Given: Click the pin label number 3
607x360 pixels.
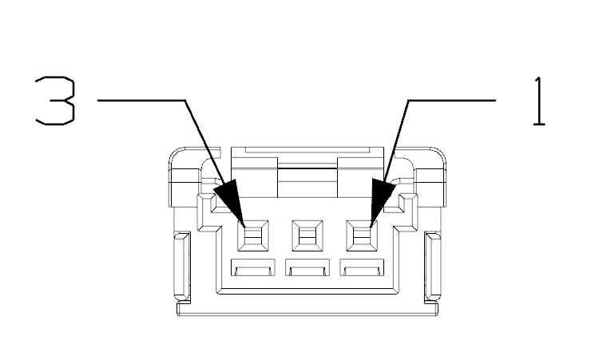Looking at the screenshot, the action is (55, 101).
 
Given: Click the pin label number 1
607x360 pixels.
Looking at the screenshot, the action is (539, 101).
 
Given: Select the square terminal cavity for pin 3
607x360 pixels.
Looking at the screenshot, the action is (253, 235).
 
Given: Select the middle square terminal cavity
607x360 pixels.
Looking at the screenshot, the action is (307, 235).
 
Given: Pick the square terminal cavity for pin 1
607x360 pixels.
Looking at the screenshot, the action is (362, 235).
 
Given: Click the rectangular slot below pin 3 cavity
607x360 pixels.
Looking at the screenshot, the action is (253, 268).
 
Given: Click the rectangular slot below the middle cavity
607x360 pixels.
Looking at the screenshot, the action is (307, 268).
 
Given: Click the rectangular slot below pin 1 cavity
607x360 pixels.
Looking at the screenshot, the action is (363, 268).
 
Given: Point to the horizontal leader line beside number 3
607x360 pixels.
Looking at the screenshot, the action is (141, 101).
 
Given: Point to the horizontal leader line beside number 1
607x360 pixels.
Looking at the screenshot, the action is (452, 101).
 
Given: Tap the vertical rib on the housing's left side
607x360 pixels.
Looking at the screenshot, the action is (182, 267).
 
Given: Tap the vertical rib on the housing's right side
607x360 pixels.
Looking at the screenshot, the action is (433, 267).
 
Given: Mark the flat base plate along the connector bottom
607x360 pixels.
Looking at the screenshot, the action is (307, 309).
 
